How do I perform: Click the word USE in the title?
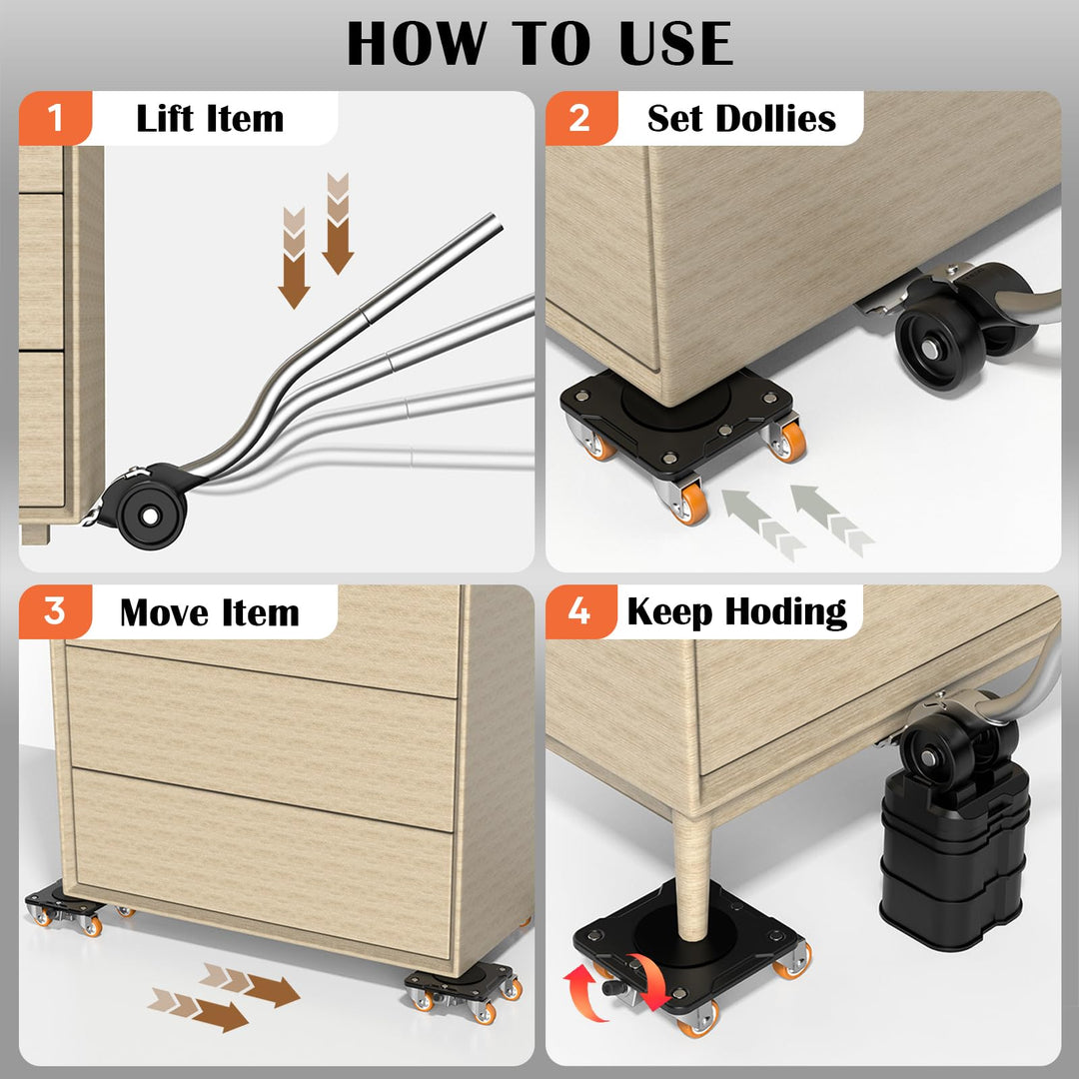click(x=675, y=43)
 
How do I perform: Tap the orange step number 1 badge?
click(x=55, y=118)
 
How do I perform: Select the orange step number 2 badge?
click(x=580, y=118)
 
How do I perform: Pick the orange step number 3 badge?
click(x=55, y=611)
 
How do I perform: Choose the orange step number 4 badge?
click(x=580, y=611)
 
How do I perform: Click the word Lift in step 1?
click(x=165, y=118)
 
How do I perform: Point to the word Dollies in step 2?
click(x=775, y=118)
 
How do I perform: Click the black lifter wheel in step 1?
click(x=151, y=515)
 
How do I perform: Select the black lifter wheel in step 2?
click(x=931, y=346)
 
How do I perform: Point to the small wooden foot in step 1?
click(x=34, y=534)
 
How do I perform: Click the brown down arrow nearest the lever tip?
click(x=338, y=224)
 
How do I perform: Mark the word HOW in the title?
click(x=417, y=43)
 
